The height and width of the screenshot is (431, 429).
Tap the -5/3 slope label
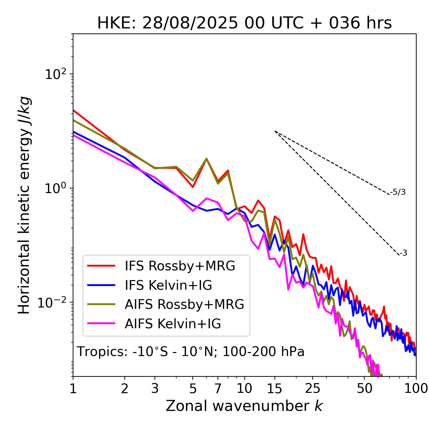[x=398, y=192]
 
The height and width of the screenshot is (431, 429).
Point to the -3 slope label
[x=404, y=253]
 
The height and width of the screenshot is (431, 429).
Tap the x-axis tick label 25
[x=313, y=389]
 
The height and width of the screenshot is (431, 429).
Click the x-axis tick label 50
[x=364, y=389]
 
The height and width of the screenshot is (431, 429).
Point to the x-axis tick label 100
[x=416, y=389]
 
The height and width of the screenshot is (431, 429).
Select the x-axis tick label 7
[x=218, y=389]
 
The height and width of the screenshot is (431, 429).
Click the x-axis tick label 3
[x=155, y=389]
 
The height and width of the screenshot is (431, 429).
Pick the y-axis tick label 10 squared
[x=56, y=74]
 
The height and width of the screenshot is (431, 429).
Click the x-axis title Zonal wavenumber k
[x=244, y=406]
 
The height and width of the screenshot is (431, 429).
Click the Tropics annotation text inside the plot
[x=191, y=352]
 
